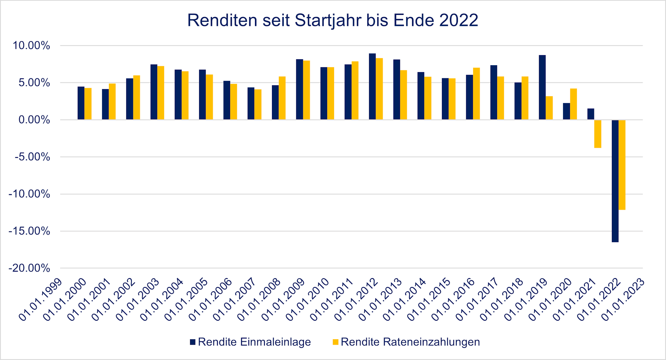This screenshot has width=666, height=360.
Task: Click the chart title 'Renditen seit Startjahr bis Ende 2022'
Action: point(332,20)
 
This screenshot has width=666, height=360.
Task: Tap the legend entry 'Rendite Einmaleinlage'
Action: point(254,342)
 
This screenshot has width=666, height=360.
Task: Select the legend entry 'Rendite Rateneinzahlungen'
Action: point(410,342)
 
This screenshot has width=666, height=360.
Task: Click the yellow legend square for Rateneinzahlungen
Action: point(335,342)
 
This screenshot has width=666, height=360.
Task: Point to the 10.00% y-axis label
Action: point(31,45)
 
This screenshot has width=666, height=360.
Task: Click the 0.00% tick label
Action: point(34,120)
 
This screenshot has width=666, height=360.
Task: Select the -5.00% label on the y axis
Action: point(32,157)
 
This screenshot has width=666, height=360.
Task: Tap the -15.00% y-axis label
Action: point(29,231)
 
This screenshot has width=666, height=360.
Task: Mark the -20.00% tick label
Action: point(29,268)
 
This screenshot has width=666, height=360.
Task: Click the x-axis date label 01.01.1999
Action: point(41,300)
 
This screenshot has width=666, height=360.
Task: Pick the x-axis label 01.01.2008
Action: point(259,300)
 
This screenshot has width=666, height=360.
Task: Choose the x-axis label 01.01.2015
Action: point(429,300)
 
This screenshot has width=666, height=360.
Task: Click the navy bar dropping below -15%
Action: point(615,181)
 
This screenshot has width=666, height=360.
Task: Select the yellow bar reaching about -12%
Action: point(622,165)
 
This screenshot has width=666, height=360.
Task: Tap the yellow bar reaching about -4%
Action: point(598,134)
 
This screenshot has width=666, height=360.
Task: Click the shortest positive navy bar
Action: point(591,114)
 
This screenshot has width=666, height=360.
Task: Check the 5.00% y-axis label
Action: point(34,83)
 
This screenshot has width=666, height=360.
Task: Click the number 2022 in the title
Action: point(459,20)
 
